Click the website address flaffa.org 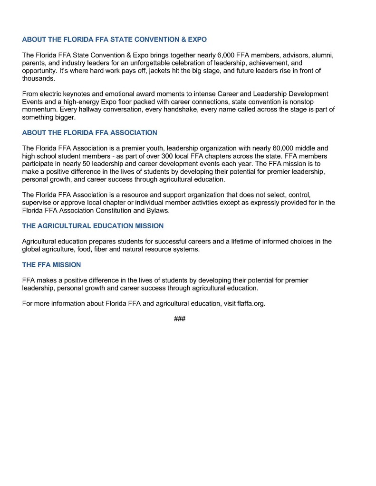[x=251, y=304]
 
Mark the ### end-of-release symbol [x=180, y=318]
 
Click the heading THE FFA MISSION [x=51, y=265]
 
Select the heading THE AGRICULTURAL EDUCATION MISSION [x=93, y=226]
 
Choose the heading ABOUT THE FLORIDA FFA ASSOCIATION [x=89, y=132]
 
